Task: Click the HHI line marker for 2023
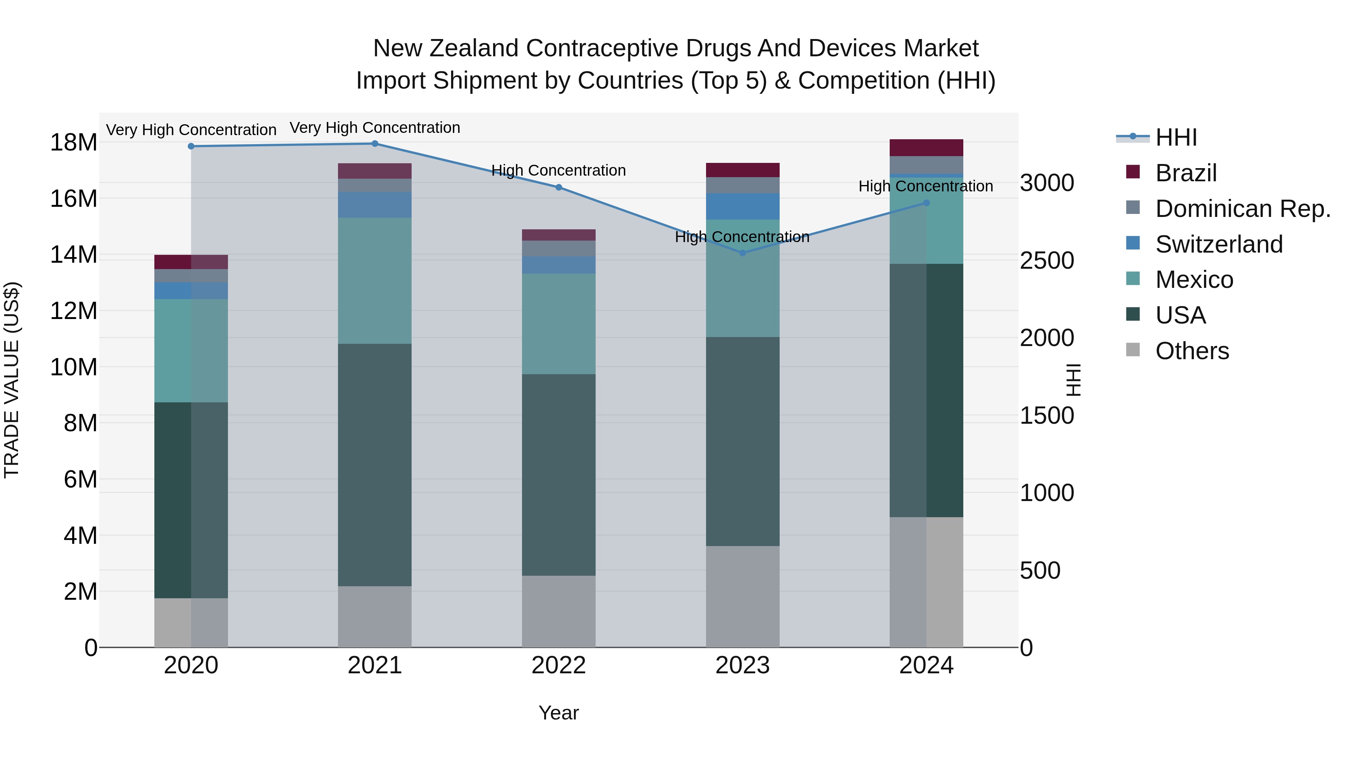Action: (742, 253)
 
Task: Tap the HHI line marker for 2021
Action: (375, 144)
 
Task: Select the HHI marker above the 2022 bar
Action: (558, 187)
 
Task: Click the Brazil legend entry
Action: (1186, 173)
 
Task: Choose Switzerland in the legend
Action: (1219, 244)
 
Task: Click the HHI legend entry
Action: (1175, 137)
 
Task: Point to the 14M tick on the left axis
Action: (74, 255)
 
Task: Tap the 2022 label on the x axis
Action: (558, 665)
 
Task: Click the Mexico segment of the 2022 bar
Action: (558, 324)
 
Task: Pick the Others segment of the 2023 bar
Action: (742, 596)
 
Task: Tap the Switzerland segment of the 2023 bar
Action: (742, 206)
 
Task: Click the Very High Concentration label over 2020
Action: (191, 130)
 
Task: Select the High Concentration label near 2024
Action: (925, 186)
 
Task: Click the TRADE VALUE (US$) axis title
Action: (12, 380)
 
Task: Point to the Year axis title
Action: (558, 713)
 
